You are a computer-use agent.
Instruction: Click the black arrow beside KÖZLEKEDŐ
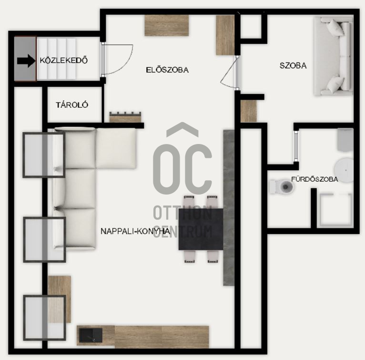tap(26, 61)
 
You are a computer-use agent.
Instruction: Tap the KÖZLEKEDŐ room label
tap(64, 61)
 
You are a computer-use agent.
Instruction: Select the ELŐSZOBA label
tap(167, 70)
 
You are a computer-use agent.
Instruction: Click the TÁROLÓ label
tap(72, 105)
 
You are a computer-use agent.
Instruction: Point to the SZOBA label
tap(293, 65)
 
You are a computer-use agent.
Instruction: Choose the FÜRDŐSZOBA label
tap(314, 179)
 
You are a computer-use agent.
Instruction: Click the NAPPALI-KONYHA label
tap(135, 231)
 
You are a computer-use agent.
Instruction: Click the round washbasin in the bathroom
tap(344, 170)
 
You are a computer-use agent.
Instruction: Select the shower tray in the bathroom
tap(336, 210)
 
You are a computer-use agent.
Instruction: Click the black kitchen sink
tap(91, 335)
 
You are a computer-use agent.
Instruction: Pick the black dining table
tap(201, 229)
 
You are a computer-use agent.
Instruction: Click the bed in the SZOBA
tap(334, 56)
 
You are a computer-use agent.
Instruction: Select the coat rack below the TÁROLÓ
tap(125, 117)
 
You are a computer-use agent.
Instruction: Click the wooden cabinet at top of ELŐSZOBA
tap(167, 25)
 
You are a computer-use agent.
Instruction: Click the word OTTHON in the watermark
tap(182, 213)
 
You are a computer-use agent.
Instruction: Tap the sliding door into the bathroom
tap(296, 145)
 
